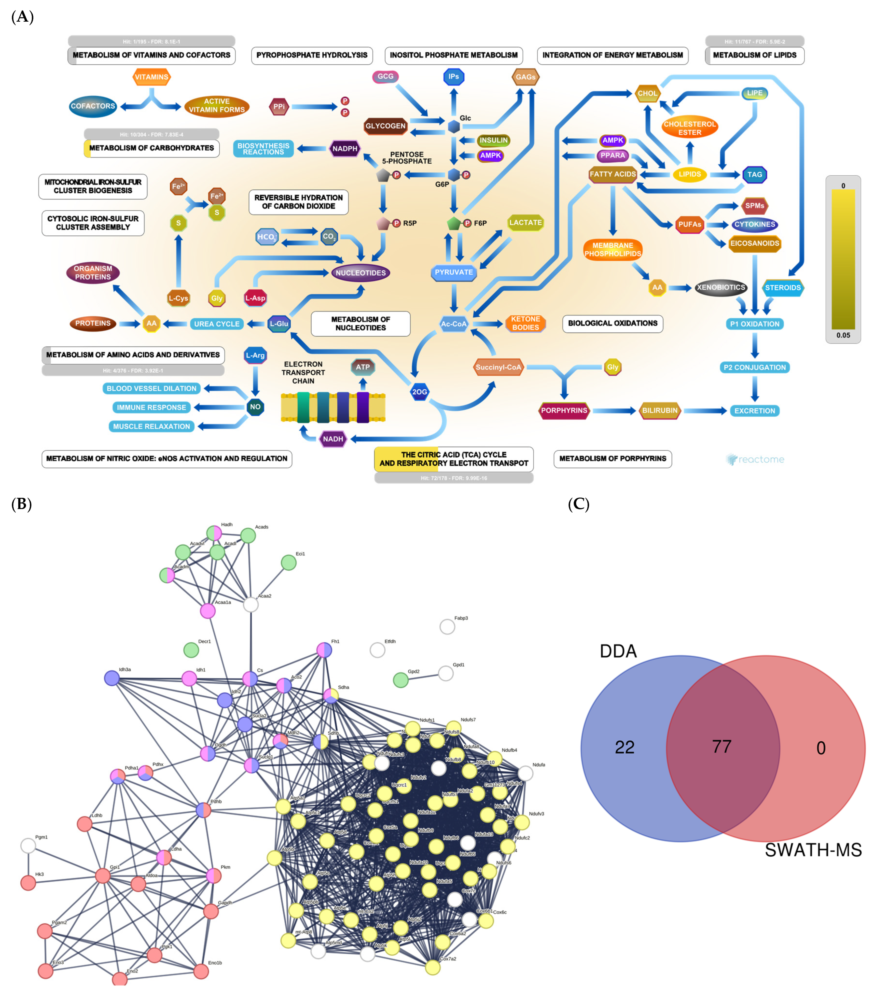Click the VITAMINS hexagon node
(x=152, y=77)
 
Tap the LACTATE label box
(x=525, y=223)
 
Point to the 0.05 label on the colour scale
(x=843, y=335)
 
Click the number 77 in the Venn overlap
(x=721, y=747)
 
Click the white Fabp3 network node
(x=447, y=626)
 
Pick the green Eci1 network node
(x=289, y=562)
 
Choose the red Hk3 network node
(x=28, y=883)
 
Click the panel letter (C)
(x=578, y=504)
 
